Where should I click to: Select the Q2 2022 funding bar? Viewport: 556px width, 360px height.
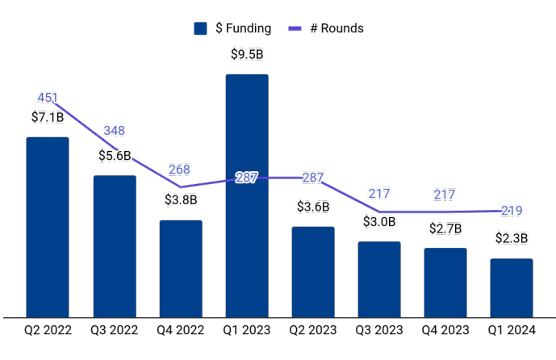point(48,227)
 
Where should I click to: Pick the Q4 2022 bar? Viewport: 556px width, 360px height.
point(181,268)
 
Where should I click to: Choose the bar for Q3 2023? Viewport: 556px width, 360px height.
point(379,278)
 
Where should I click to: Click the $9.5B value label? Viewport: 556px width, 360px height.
point(247,56)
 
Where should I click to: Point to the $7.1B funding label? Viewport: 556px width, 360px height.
point(48,118)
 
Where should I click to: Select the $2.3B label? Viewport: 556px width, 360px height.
point(512,238)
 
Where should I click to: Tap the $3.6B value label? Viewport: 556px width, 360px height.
point(313,207)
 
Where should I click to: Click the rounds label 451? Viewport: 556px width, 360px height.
point(48,98)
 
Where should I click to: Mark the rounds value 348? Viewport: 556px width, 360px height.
point(115,131)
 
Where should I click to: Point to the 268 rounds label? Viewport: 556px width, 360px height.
point(180,170)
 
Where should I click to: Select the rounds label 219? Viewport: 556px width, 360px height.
point(512,211)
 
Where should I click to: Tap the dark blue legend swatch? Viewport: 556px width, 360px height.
point(201,28)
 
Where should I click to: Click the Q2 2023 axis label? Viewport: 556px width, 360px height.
point(313,330)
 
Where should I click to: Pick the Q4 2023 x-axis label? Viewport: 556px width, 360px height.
point(445,330)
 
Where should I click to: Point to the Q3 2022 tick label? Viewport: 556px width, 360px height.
point(115,330)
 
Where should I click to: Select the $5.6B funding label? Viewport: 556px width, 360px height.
point(115,156)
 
